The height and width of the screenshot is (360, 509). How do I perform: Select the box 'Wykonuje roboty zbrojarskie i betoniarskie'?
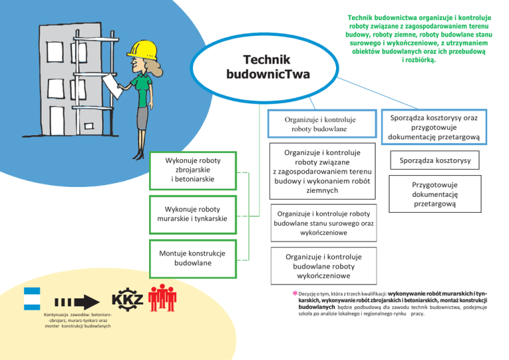193,169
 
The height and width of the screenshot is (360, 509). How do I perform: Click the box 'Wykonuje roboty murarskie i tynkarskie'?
192,214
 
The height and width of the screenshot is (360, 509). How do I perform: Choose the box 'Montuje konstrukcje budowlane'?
193,259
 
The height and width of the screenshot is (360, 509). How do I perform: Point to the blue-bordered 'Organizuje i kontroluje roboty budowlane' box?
320,125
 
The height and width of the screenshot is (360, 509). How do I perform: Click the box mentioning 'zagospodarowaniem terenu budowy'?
320,171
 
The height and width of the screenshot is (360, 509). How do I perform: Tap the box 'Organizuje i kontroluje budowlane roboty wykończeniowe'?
320,265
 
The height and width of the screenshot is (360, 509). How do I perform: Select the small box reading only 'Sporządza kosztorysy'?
435,160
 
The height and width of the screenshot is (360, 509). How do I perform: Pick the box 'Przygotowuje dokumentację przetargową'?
435,195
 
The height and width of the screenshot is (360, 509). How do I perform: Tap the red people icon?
162,299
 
